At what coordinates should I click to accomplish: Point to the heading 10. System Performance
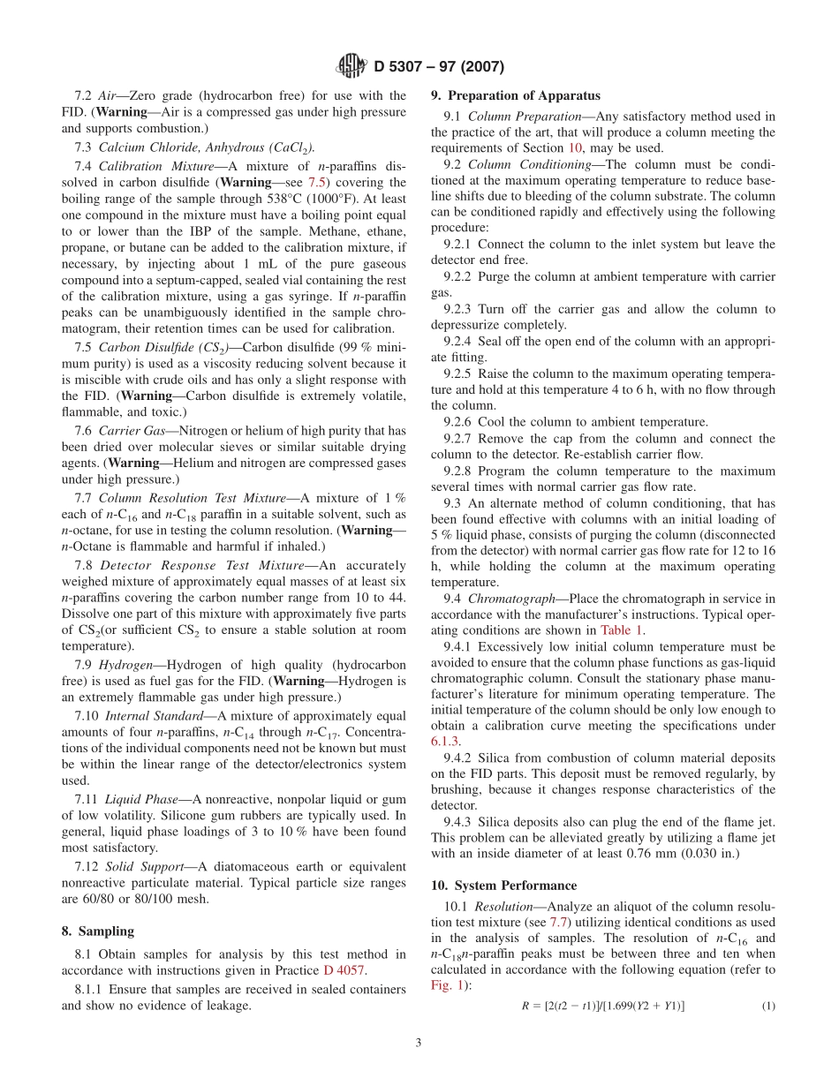pyautogui.click(x=503, y=886)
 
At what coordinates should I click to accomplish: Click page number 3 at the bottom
pyautogui.click(x=419, y=1043)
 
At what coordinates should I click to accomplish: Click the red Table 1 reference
pyautogui.click(x=622, y=630)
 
